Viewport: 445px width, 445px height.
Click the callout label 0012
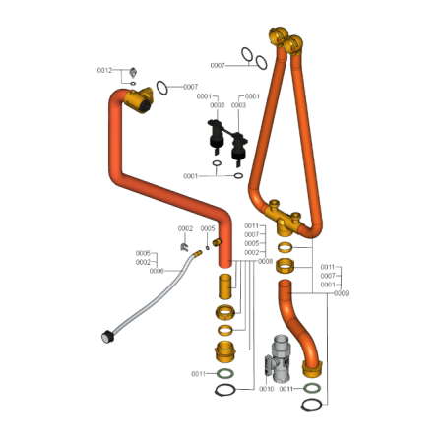coord(104,70)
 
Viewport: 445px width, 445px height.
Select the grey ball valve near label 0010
coord(278,359)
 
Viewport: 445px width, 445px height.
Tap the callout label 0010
coord(266,389)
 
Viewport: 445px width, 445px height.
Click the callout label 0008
coord(265,261)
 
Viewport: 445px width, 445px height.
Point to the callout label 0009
coord(341,293)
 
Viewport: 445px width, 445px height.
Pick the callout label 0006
coord(157,271)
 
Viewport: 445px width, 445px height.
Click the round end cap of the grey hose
coord(107,338)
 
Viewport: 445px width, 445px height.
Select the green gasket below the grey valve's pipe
coord(312,388)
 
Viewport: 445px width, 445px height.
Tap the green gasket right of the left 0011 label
coord(225,373)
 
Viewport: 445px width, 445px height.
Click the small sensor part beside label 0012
coord(133,72)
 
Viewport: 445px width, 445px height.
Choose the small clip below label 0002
coord(184,247)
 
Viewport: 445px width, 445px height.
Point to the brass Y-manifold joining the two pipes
coord(285,219)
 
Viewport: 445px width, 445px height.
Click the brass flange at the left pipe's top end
coord(139,100)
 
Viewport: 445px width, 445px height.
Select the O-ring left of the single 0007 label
coord(161,88)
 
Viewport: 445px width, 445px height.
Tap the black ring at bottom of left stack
coord(225,390)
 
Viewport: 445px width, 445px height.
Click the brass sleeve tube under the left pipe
coord(225,286)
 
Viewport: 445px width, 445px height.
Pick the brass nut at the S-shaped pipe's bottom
coord(312,369)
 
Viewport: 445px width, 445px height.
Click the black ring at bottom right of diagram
coord(311,405)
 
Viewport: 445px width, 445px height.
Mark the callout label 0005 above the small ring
coord(208,228)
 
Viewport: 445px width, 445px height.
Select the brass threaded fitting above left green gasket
coord(225,351)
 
